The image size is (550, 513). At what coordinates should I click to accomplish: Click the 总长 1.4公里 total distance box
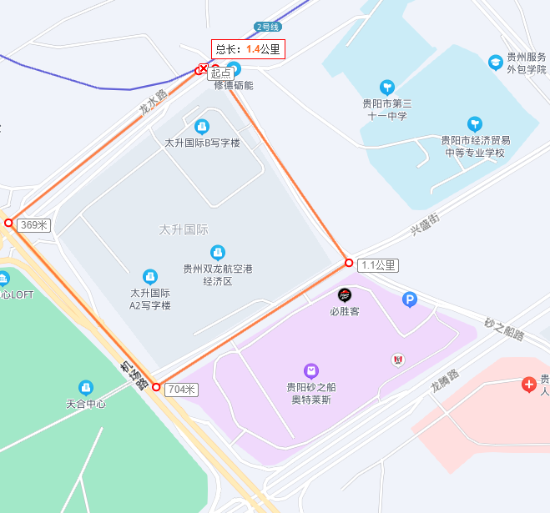click(x=248, y=49)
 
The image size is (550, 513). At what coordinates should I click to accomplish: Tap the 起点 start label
click(x=220, y=73)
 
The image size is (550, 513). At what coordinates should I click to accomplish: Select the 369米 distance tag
click(x=34, y=224)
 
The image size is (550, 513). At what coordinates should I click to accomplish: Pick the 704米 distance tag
click(x=181, y=390)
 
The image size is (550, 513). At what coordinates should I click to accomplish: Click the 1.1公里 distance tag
click(x=378, y=265)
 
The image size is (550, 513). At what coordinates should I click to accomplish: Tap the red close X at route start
click(x=202, y=69)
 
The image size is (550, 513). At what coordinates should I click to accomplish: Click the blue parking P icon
click(x=409, y=299)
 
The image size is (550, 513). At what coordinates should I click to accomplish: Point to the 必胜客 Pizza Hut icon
click(x=344, y=294)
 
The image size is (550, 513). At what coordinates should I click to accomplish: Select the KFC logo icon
click(x=397, y=360)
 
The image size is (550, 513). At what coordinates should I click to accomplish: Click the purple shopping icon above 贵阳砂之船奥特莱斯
click(x=310, y=370)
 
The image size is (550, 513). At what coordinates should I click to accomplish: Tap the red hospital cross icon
click(x=528, y=385)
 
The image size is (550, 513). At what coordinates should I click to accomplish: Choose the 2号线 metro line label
click(x=269, y=27)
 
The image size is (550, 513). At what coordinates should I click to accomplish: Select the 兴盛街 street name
click(x=425, y=223)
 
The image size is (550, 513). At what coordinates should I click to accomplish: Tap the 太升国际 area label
click(x=184, y=229)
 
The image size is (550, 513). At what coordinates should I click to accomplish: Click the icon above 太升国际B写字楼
click(x=201, y=127)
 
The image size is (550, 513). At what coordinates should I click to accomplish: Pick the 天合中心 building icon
click(x=85, y=388)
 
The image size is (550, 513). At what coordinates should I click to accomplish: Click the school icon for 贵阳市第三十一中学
click(x=386, y=87)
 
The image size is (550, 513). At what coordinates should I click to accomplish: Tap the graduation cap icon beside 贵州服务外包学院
click(x=496, y=62)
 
